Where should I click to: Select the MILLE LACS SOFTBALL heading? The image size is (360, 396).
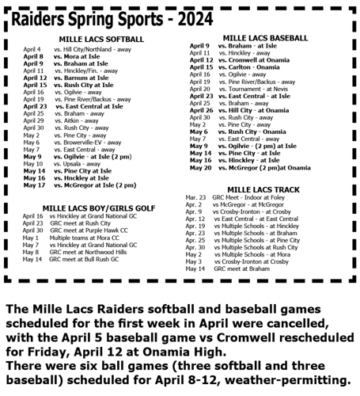click(x=101, y=39)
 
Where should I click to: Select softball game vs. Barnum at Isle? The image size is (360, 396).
click(x=85, y=78)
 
